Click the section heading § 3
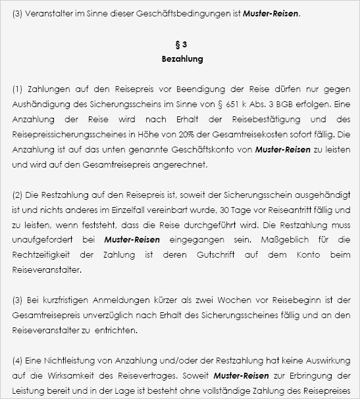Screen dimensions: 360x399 (182, 45)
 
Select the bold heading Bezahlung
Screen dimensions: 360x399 (182, 59)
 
